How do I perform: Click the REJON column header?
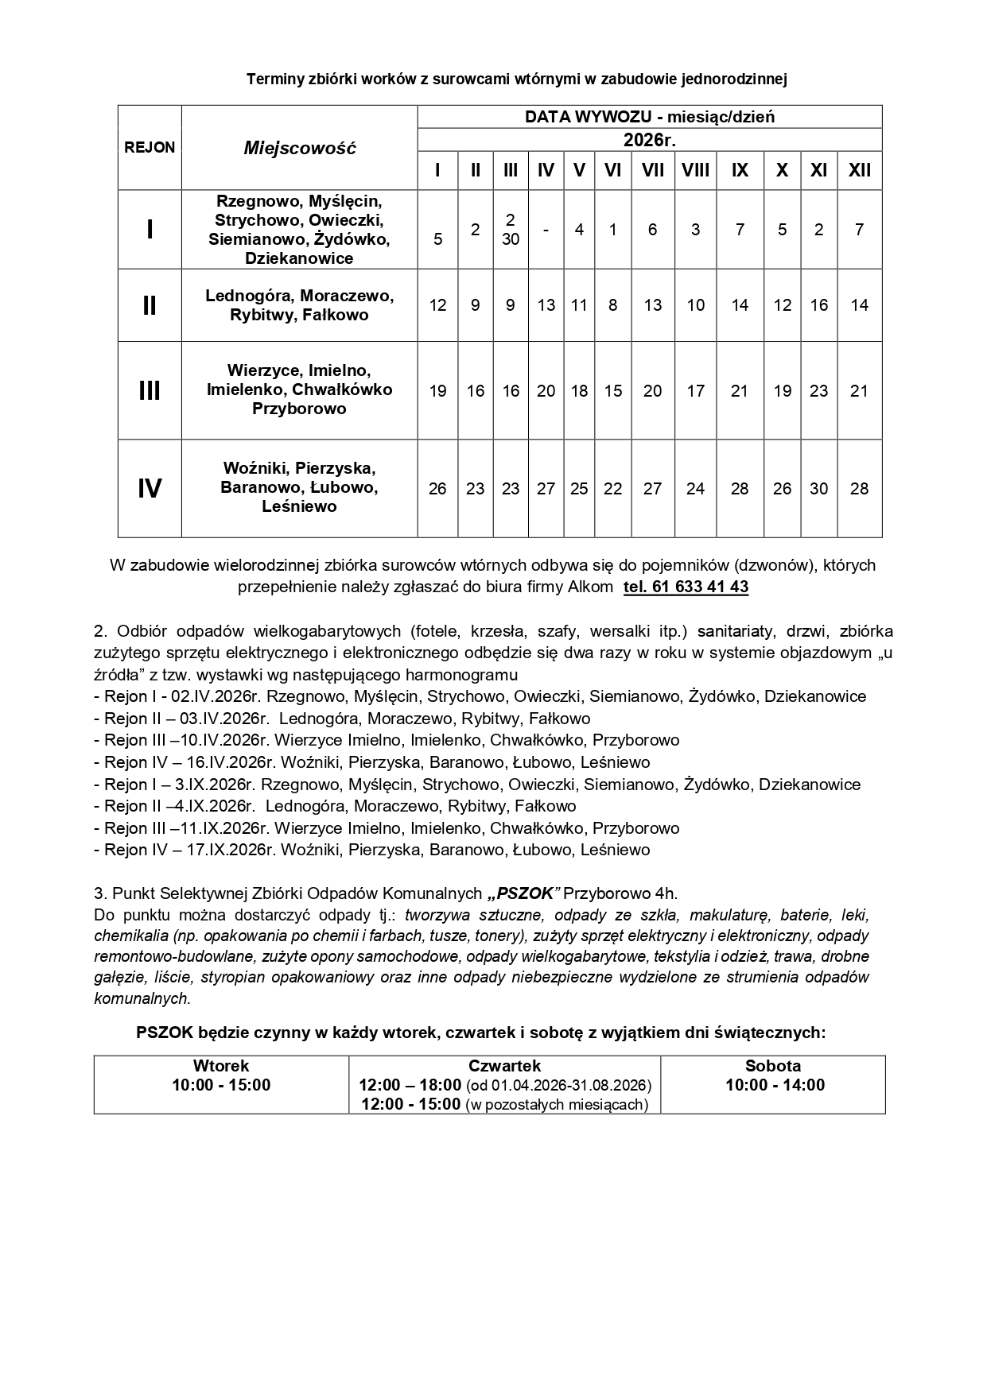point(150,147)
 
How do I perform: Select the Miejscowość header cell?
point(300,148)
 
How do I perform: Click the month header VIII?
point(695,170)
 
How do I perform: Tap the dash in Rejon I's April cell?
point(546,230)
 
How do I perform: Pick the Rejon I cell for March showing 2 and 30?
point(511,229)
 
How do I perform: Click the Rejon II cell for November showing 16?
point(818,305)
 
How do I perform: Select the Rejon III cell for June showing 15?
point(612,391)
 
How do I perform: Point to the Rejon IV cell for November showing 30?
point(818,489)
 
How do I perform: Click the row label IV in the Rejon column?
point(150,489)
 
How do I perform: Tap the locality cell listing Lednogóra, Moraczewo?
point(300,305)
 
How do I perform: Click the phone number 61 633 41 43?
point(699,587)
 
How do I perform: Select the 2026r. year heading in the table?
point(649,140)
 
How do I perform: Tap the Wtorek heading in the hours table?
point(221,1066)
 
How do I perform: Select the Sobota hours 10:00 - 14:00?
point(775,1085)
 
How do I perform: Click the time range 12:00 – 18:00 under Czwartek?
point(410,1085)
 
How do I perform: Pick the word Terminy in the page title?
point(273,79)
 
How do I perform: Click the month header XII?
point(859,170)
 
